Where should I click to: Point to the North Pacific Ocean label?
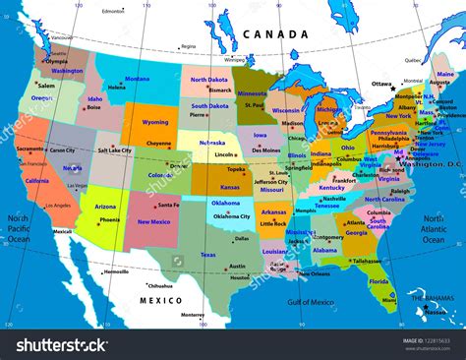click(x=19, y=228)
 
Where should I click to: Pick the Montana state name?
click(x=138, y=79)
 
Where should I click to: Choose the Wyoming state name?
click(x=155, y=123)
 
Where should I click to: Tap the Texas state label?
click(x=207, y=255)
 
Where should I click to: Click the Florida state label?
click(x=380, y=281)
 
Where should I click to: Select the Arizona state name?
click(x=105, y=207)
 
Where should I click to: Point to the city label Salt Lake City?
click(x=115, y=150)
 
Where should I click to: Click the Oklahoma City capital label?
click(x=231, y=216)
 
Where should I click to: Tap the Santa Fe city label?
click(x=168, y=205)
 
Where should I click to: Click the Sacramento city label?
click(x=29, y=149)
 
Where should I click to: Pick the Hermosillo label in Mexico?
click(x=116, y=271)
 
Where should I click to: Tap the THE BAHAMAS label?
click(x=433, y=297)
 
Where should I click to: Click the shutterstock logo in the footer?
click(x=60, y=345)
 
